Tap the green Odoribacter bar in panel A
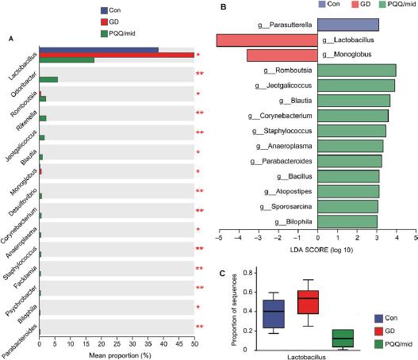(48, 79)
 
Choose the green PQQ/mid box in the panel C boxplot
(342, 338)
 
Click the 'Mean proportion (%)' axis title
(117, 354)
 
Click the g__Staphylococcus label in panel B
(282, 131)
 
